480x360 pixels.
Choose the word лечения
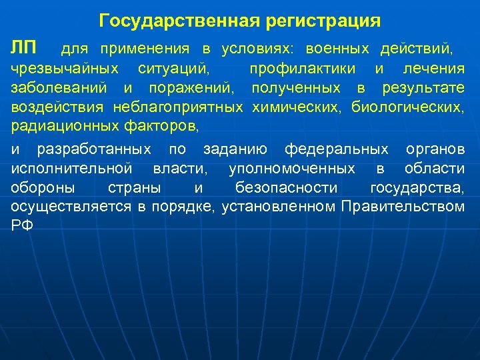click(434, 69)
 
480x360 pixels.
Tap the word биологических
click(407, 107)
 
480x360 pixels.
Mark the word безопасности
click(286, 187)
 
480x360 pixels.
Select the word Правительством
click(403, 207)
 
